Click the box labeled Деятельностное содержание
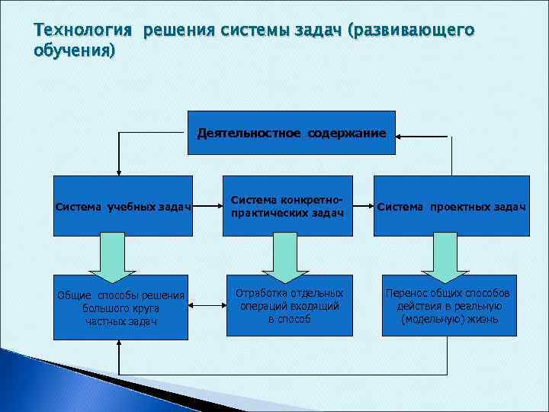291,134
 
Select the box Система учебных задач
121,205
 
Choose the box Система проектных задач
452,205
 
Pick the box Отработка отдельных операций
289,305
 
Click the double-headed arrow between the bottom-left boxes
206,307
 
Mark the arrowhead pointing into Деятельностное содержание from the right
402,137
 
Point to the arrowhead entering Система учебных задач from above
117,171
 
